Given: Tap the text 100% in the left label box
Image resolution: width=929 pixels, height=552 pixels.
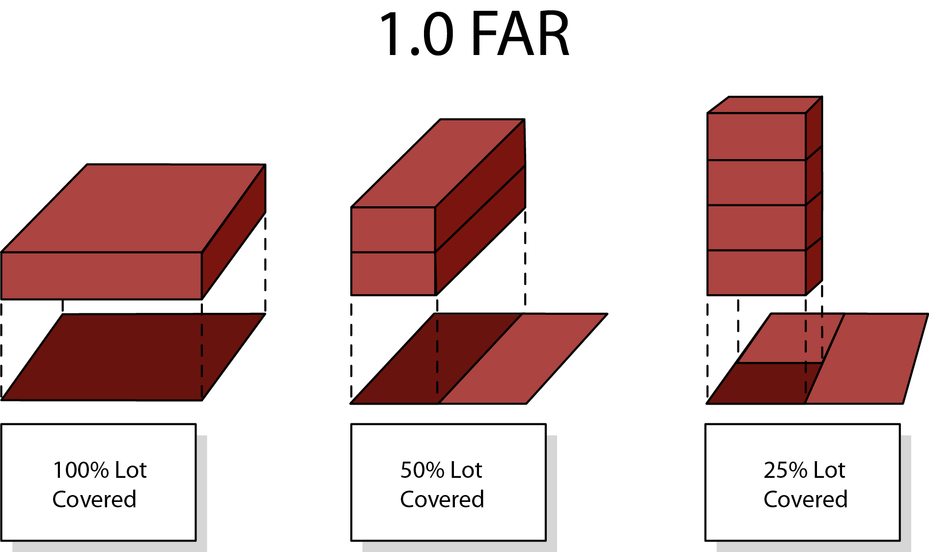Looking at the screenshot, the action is (x=81, y=470).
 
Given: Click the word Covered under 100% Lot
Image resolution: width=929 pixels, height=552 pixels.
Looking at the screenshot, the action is (x=94, y=499).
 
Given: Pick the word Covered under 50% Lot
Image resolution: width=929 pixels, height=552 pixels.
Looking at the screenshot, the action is (x=442, y=499).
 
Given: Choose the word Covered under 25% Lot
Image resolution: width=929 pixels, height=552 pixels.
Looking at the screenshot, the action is (x=806, y=499).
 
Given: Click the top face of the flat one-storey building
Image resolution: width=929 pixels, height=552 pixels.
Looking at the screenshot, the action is (x=134, y=208).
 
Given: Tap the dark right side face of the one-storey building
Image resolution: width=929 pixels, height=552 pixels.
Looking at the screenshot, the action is (x=234, y=232).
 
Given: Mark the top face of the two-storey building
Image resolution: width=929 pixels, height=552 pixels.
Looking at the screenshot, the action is (x=438, y=163).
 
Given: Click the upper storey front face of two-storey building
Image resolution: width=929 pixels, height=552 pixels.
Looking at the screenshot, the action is (x=393, y=230).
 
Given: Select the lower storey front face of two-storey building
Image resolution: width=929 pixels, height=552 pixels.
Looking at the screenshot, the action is (x=393, y=274).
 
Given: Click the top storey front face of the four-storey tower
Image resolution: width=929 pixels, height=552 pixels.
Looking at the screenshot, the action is (x=757, y=137).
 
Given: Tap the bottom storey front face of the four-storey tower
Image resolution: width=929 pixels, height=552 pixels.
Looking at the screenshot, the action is (x=757, y=273).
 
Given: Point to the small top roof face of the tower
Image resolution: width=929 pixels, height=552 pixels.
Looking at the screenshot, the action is (x=765, y=105).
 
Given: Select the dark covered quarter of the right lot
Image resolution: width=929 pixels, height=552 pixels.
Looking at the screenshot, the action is (x=764, y=383).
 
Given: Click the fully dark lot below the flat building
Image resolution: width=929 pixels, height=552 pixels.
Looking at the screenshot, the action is (x=134, y=357).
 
